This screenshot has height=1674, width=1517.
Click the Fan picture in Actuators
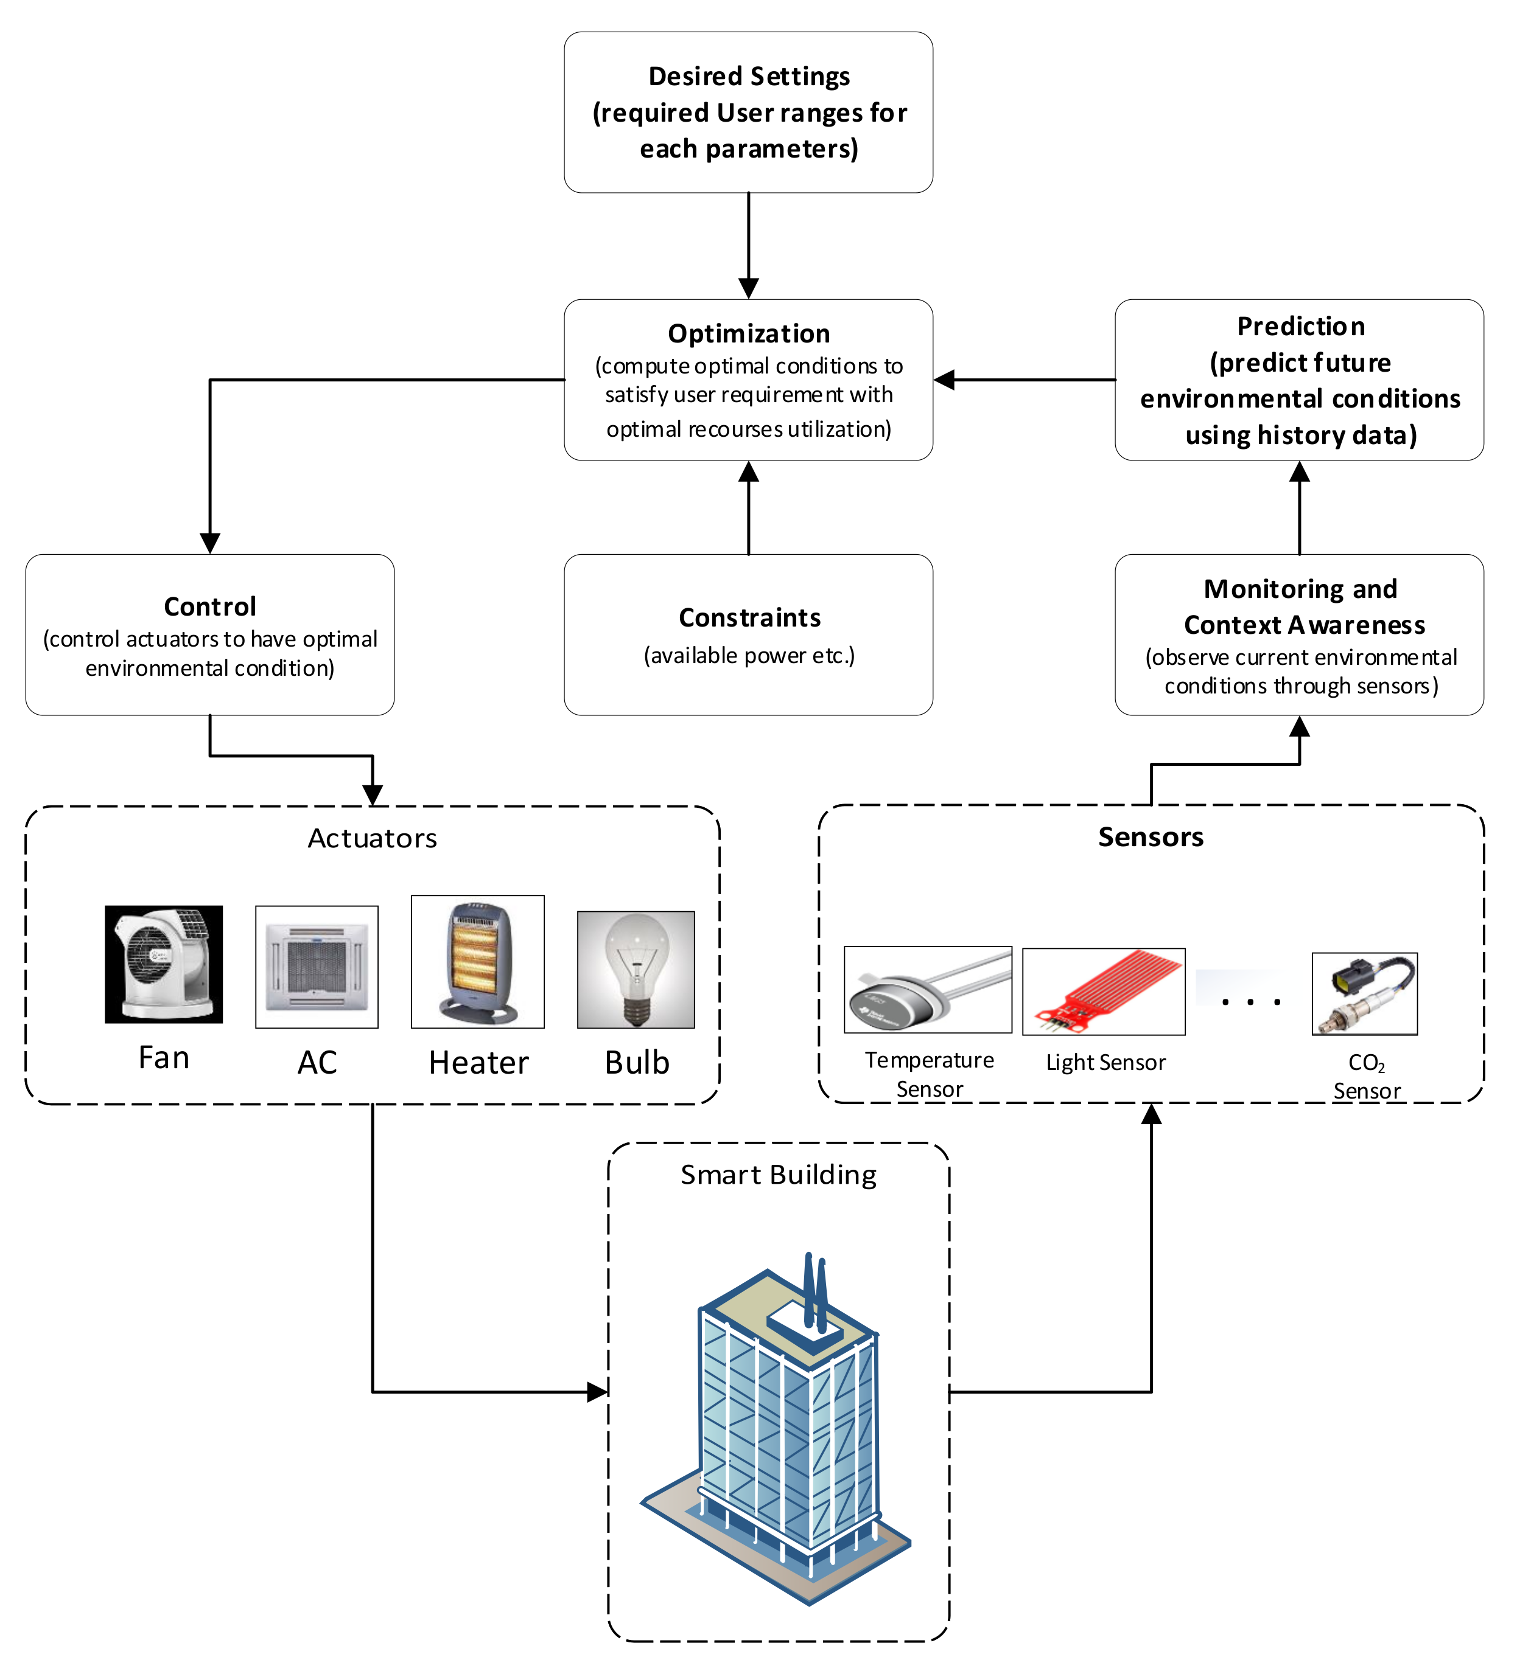pos(164,964)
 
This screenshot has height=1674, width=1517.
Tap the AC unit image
pos(317,967)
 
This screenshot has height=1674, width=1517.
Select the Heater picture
pos(478,962)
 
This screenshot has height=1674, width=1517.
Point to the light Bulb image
pos(636,970)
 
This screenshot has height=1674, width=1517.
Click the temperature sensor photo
pos(928,990)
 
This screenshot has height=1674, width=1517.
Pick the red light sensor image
pos(1103,992)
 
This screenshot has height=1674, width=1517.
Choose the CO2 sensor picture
pos(1364,994)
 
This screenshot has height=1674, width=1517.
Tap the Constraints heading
pos(749,618)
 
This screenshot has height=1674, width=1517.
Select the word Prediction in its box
pos(1300,326)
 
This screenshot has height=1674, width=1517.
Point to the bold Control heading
pos(210,607)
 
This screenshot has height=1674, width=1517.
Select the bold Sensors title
pos(1151,837)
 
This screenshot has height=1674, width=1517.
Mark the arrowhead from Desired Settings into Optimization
pos(749,288)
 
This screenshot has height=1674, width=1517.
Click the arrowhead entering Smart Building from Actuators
pos(597,1392)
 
